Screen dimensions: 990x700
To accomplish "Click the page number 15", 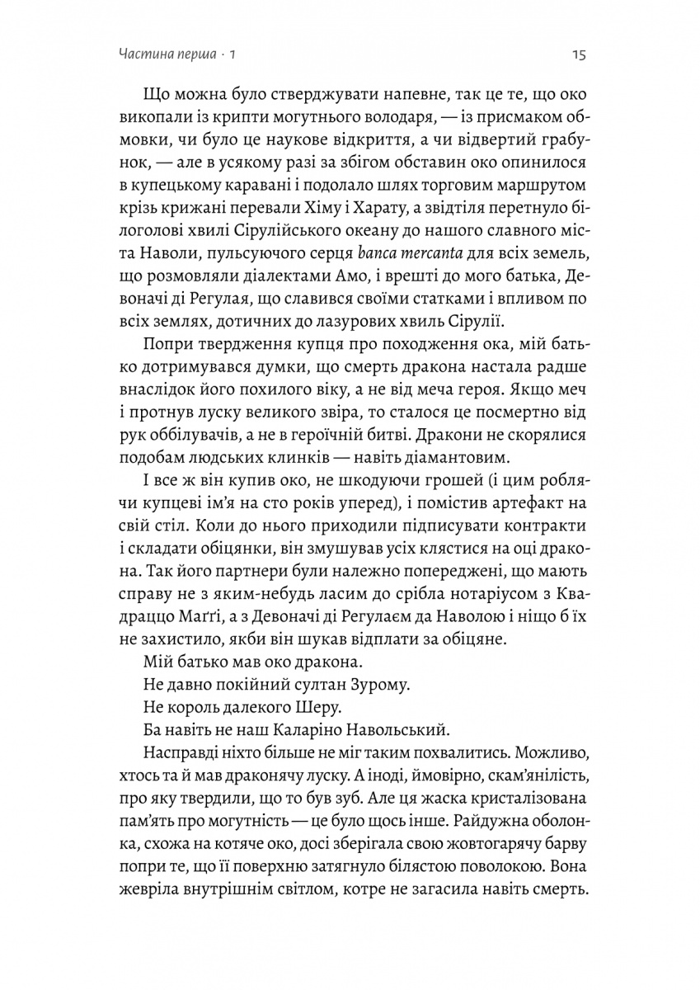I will click(x=577, y=55).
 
